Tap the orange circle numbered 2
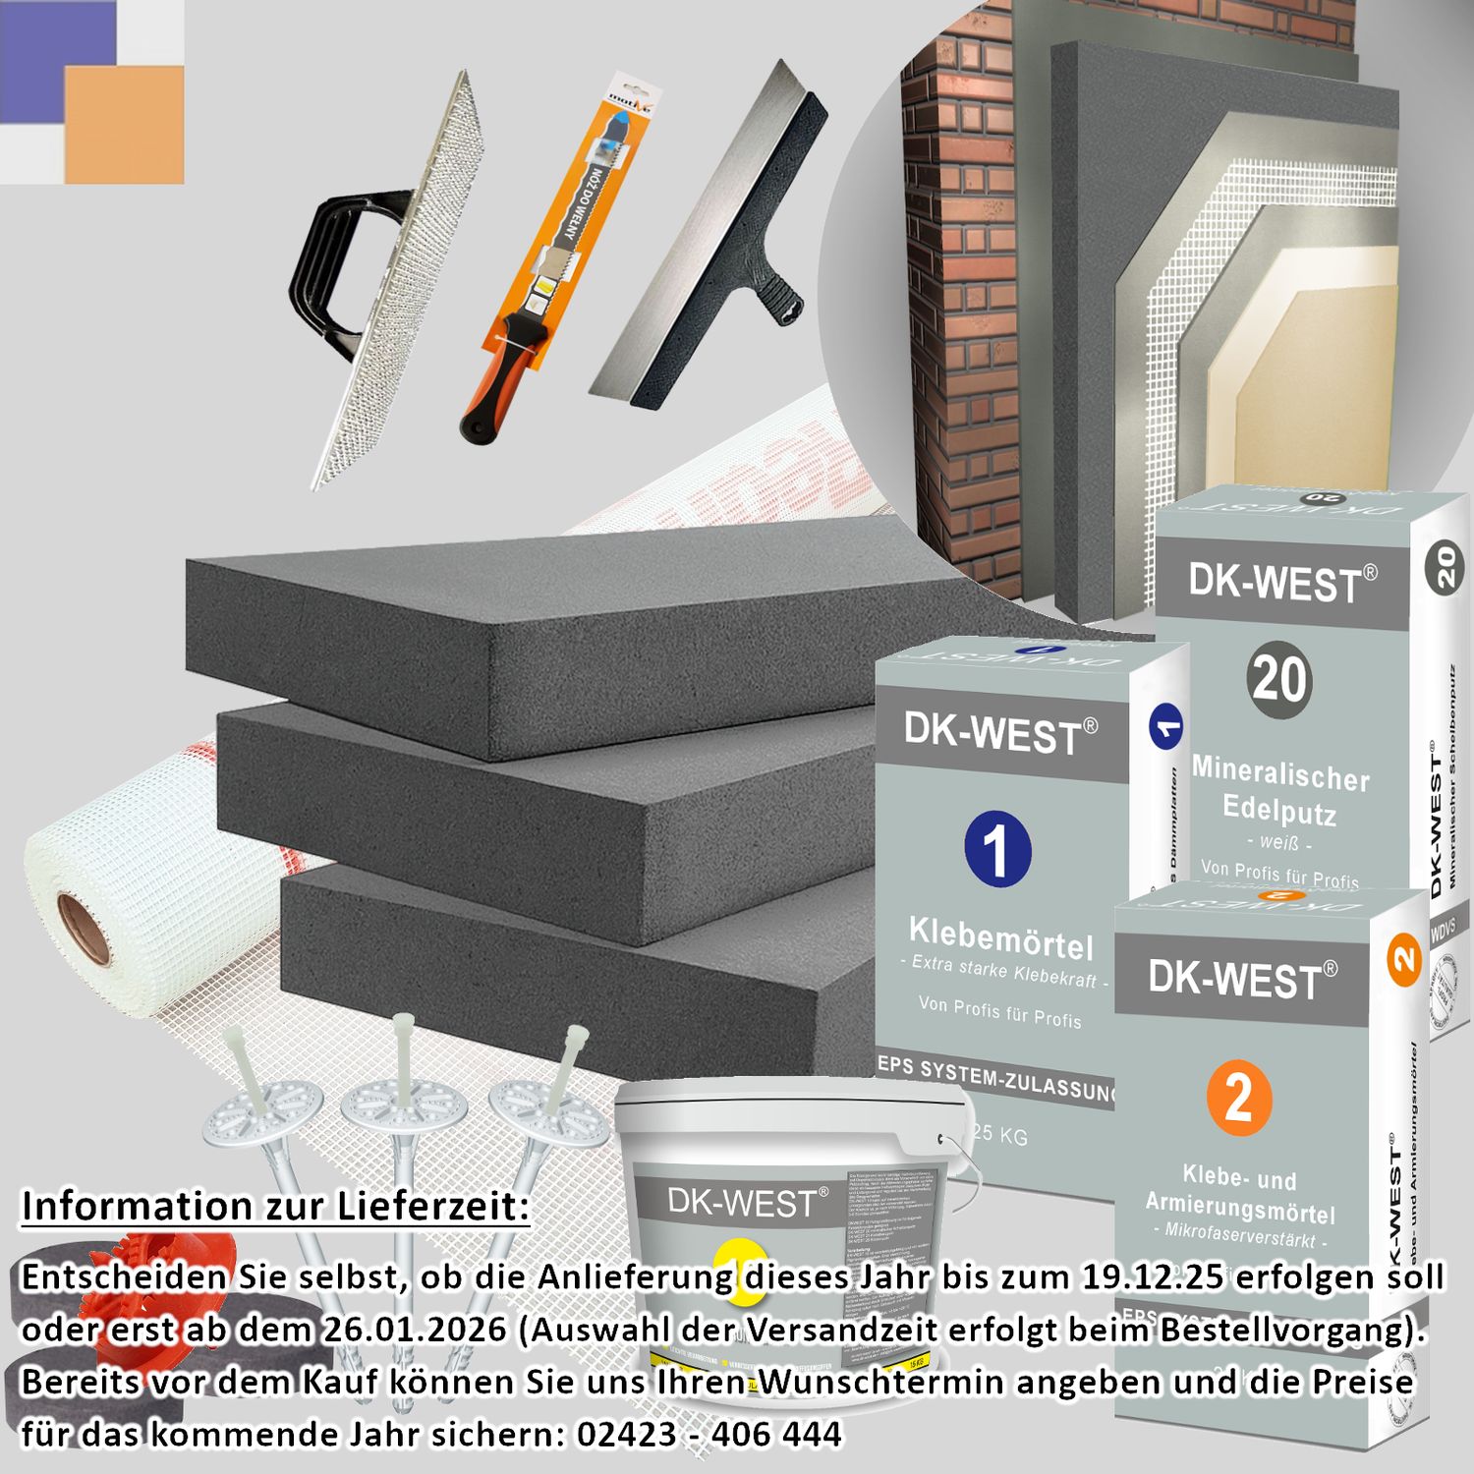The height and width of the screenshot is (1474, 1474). [1238, 1098]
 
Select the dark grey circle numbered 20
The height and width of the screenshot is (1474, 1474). [1279, 679]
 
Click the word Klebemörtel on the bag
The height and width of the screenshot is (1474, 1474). [1000, 937]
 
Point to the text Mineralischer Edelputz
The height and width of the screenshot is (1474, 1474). [1279, 792]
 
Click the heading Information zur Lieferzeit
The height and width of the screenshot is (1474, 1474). [275, 1206]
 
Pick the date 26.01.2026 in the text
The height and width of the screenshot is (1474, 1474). [413, 1330]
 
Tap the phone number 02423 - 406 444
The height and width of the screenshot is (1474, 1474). [709, 1434]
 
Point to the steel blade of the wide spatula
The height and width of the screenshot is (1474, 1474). [688, 246]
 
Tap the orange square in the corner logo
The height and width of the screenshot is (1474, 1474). [124, 124]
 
